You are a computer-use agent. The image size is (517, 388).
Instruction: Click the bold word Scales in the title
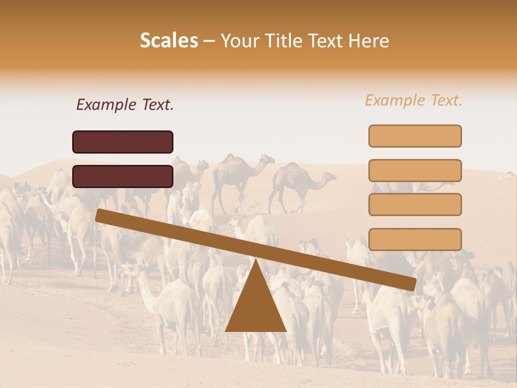click(169, 40)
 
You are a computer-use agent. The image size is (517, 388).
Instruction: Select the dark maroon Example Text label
click(125, 105)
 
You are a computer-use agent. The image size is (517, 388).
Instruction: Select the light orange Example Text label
click(414, 100)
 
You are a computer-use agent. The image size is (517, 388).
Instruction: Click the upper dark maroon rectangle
click(123, 142)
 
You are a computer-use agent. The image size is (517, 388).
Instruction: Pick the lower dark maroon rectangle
click(123, 176)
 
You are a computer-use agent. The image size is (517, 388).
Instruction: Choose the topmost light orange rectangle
click(415, 136)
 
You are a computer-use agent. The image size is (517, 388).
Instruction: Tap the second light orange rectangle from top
click(415, 170)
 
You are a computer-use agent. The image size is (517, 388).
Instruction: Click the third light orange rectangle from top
click(415, 204)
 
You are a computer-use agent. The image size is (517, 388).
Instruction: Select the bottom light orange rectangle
click(415, 239)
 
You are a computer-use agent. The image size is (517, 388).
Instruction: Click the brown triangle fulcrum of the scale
click(255, 307)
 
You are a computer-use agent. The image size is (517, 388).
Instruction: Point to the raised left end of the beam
click(99, 215)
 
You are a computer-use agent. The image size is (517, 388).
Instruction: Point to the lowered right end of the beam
click(413, 284)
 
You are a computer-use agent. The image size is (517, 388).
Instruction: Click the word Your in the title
click(239, 40)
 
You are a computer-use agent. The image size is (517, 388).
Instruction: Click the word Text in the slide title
click(325, 40)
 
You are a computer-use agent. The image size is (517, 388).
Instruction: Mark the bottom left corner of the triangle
click(226, 331)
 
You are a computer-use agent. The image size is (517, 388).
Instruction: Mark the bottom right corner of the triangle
click(286, 331)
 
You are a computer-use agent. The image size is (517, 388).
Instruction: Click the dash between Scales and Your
click(209, 41)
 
